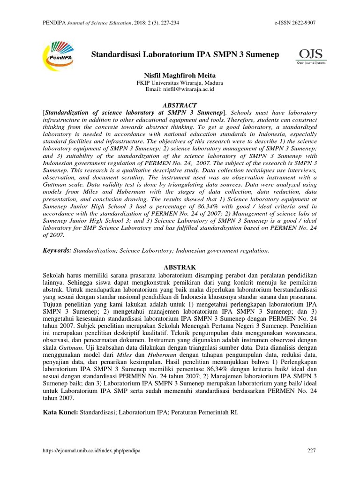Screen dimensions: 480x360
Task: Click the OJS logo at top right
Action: (311, 56)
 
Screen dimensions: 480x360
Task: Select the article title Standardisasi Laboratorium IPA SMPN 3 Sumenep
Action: (184, 55)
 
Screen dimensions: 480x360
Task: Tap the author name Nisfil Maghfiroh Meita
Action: (180, 75)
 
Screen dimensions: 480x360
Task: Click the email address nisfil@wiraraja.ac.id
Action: (180, 89)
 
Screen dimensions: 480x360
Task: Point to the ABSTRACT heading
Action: (180, 105)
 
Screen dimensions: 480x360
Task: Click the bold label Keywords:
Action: (57, 251)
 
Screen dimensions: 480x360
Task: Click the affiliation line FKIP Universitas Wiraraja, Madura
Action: (180, 82)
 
